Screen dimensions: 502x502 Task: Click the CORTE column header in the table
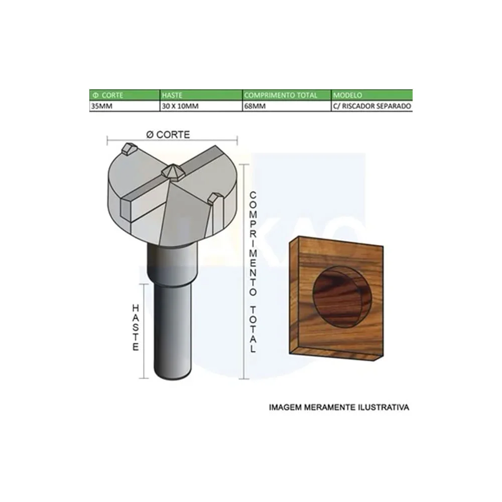107,95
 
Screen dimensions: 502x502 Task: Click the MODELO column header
347,95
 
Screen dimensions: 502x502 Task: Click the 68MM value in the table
254,106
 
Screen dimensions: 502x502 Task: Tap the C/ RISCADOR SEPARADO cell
372,106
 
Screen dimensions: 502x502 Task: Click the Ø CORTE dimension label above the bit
168,135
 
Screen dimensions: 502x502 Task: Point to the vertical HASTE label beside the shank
135,327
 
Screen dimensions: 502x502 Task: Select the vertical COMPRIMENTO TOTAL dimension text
254,271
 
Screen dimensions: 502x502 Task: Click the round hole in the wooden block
341,299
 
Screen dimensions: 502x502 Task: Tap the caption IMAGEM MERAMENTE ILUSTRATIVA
339,407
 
